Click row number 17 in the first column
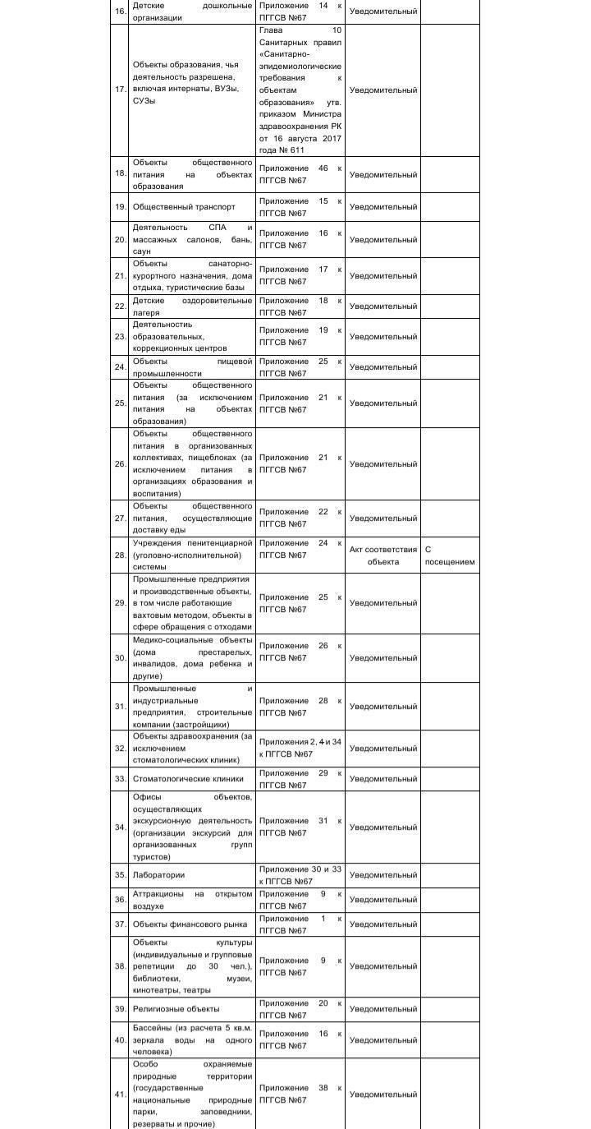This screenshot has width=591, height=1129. coord(120,90)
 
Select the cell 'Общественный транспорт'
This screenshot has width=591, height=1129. coord(184,207)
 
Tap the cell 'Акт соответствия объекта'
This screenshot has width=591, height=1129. coord(383,555)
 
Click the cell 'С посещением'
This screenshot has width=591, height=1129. coord(450,555)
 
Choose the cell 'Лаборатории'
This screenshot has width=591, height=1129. coord(158,875)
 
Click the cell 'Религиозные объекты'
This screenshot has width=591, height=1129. coord(176,1009)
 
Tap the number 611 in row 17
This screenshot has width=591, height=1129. coord(296,150)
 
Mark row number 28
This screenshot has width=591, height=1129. coord(120,555)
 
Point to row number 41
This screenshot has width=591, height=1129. coord(120,1094)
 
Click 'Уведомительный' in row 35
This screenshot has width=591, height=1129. coord(383,875)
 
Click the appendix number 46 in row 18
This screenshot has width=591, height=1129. coord(323,168)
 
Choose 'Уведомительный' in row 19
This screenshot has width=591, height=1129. coord(383,207)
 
